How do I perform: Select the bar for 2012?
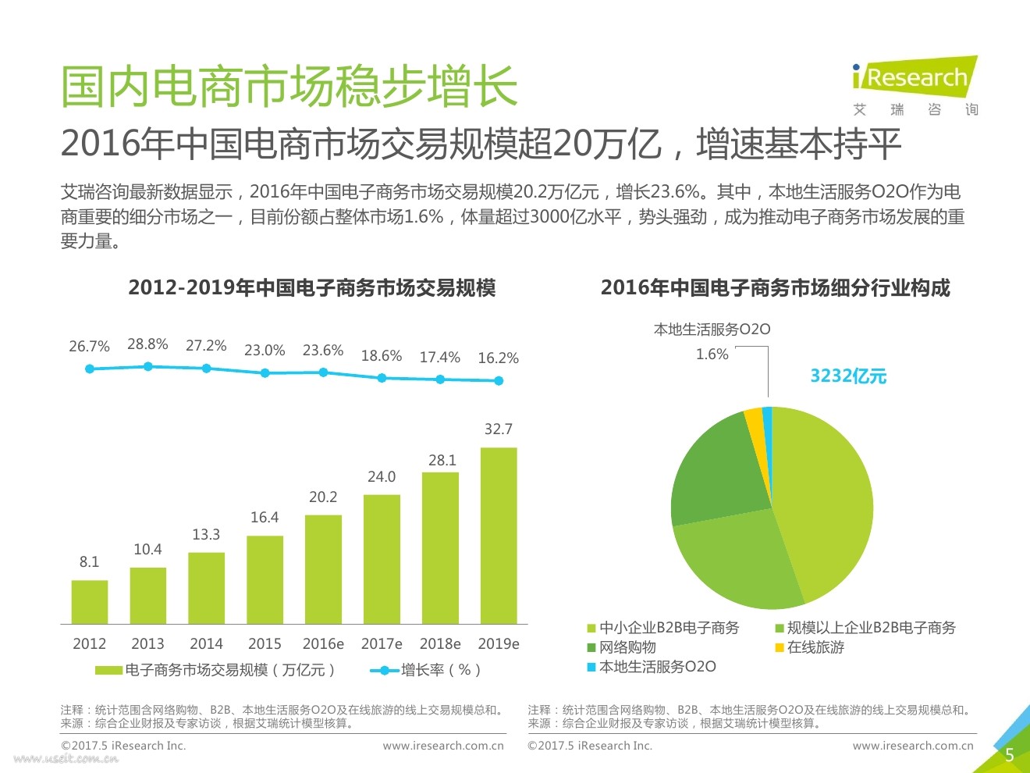pos(90,602)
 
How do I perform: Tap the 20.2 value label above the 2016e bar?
pos(323,497)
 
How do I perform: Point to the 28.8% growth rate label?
pos(147,344)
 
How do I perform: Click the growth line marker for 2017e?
pos(382,378)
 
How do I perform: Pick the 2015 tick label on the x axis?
pos(265,644)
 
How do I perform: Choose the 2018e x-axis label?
pos(440,644)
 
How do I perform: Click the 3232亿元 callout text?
pos(848,376)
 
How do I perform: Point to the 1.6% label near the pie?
pos(712,354)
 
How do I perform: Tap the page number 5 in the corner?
pos(1009,754)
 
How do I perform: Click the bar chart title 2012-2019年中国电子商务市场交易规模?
pos(312,288)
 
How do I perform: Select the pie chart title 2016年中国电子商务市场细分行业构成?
pos(775,288)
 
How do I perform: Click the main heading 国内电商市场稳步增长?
pos(289,86)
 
